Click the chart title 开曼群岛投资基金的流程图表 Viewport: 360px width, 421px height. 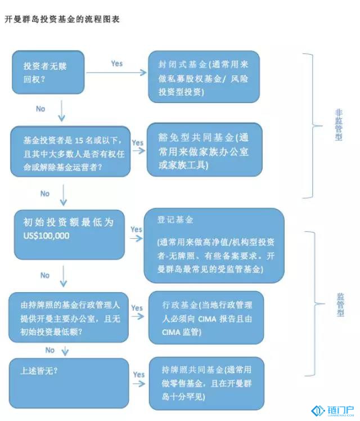click(62, 19)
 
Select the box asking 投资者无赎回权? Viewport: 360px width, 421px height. click(48, 72)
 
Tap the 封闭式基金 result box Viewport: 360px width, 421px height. click(204, 77)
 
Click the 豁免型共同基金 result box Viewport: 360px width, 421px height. click(204, 150)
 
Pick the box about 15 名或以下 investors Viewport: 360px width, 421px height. click(70, 151)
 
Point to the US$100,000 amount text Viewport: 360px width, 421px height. click(46, 236)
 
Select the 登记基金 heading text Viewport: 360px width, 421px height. click(175, 220)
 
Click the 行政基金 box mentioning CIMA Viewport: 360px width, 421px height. click(206, 317)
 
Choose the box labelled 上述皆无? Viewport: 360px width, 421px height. click(69, 383)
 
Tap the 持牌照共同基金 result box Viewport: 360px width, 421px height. click(206, 383)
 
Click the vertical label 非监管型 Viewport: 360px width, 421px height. click(339, 125)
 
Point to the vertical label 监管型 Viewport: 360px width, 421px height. click(340, 304)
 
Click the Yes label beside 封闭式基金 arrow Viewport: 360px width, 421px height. click(117, 64)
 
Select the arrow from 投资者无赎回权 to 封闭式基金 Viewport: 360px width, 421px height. click(116, 73)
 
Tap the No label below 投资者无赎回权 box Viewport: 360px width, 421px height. click(40, 109)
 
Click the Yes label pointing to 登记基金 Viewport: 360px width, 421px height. click(136, 229)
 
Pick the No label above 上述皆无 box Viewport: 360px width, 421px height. click(50, 350)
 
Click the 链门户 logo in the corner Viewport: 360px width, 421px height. click(332, 411)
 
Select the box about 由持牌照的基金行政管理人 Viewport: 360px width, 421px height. click(69, 317)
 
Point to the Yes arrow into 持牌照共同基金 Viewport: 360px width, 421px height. click(139, 384)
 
